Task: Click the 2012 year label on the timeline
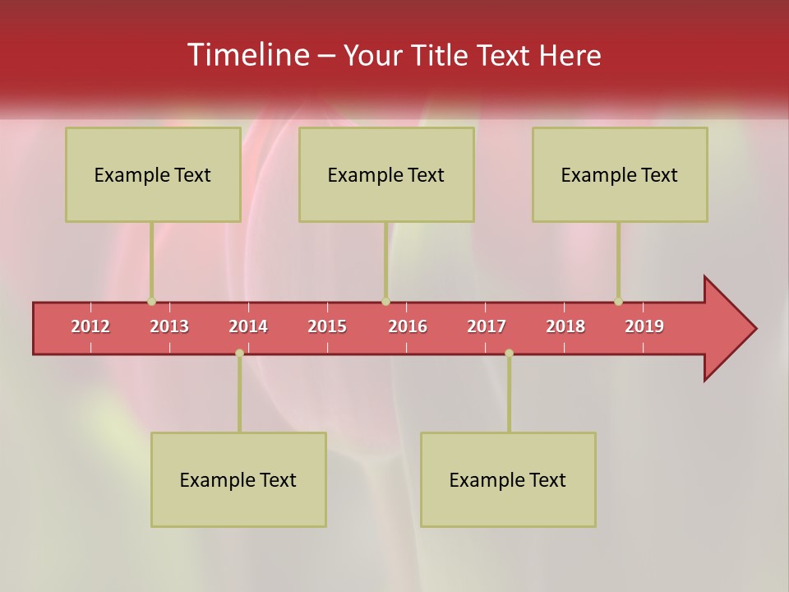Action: [90, 326]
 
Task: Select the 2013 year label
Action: [169, 326]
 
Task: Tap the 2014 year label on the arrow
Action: [248, 326]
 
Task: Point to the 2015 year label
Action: [327, 326]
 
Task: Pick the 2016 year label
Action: [408, 326]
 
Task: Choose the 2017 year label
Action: [487, 326]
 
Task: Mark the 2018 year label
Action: [565, 326]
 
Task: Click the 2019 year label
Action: [644, 326]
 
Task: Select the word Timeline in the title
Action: [247, 55]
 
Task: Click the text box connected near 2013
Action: [153, 174]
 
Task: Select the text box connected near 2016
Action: [386, 174]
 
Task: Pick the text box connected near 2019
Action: [620, 174]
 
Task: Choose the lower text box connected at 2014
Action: [238, 479]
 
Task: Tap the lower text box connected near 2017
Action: [508, 479]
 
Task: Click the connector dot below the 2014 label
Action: [239, 353]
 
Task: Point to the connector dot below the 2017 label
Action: [509, 353]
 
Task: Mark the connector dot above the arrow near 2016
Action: [385, 301]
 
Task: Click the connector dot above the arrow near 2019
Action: [618, 301]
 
